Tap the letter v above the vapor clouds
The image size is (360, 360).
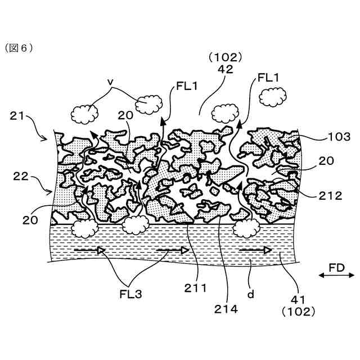[x=111, y=82]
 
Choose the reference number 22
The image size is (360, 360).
[x=21, y=178]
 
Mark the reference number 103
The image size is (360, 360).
[x=339, y=137]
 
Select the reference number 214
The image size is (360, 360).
[x=227, y=309]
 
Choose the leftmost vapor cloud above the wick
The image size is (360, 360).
[x=84, y=114]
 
